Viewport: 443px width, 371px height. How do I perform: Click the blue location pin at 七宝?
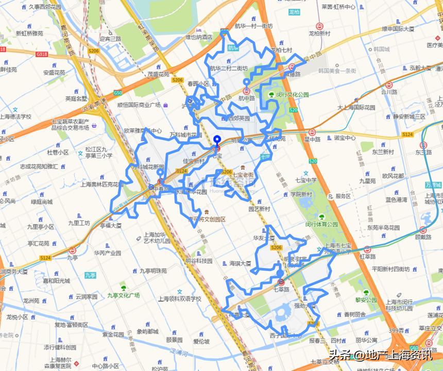[x=217, y=141]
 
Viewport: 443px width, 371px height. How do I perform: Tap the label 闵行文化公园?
[x=292, y=95]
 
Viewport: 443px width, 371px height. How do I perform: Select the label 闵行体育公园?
[x=321, y=225]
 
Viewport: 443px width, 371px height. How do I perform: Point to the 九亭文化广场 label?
[x=123, y=295]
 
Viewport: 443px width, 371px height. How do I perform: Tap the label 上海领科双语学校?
[x=180, y=298]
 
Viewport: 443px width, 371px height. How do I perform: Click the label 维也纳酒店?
[x=199, y=37]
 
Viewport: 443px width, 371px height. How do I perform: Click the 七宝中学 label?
[x=306, y=180]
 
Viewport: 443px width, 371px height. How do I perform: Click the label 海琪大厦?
[x=240, y=263]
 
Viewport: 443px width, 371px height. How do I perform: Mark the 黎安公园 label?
[x=366, y=299]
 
